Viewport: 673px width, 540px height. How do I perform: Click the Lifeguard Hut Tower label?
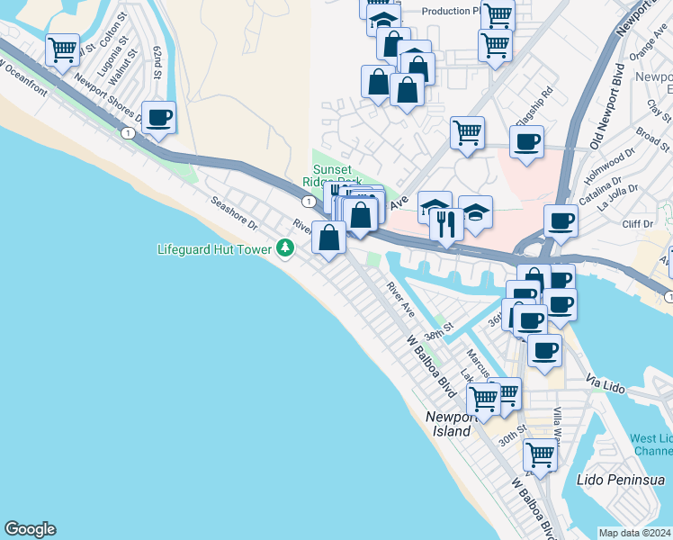(x=215, y=248)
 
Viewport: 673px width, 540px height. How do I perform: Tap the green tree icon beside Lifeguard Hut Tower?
(x=285, y=247)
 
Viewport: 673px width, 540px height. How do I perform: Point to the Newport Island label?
(x=448, y=425)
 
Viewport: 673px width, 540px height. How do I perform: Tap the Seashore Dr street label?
(x=234, y=213)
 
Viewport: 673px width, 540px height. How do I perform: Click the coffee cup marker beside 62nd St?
(x=158, y=118)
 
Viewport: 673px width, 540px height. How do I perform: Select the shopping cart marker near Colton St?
(x=62, y=50)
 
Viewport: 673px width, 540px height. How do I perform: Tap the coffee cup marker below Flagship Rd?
(x=526, y=142)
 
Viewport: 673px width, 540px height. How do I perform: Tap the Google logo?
(x=30, y=529)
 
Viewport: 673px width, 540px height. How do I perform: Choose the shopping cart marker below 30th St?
(x=540, y=455)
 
